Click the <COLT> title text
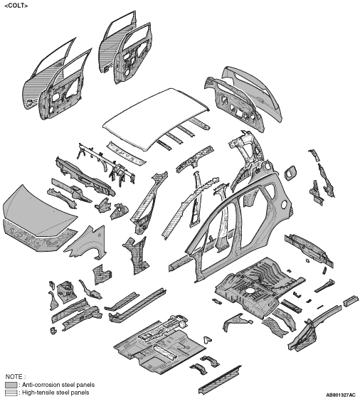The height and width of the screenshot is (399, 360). click(16, 6)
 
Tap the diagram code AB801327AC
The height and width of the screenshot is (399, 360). click(340, 395)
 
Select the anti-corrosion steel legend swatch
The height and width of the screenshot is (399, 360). click(11, 385)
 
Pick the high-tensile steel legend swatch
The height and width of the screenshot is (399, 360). click(11, 393)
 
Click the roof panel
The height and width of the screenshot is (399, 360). click(156, 118)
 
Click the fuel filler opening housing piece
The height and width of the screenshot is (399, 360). click(290, 173)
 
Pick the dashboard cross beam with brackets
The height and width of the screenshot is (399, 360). click(107, 164)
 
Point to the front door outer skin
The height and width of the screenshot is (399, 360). click(41, 81)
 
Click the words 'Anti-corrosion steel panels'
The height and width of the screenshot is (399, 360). click(58, 385)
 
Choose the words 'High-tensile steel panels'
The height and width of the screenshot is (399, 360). click(55, 393)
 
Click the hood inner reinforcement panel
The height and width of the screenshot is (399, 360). click(38, 237)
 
